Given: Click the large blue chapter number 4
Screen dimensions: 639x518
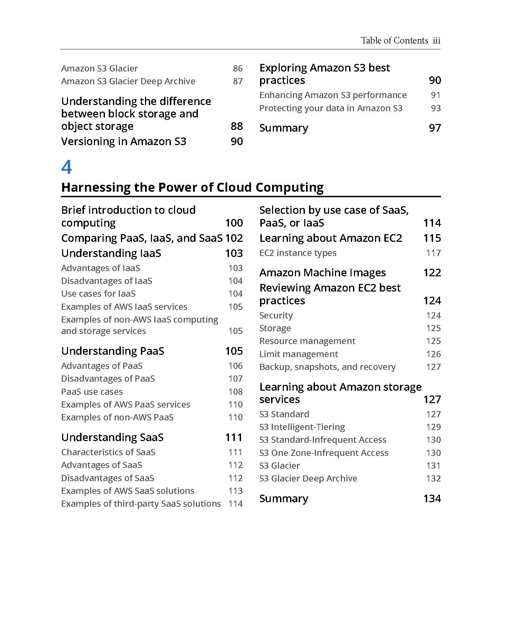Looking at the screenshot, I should (67, 167).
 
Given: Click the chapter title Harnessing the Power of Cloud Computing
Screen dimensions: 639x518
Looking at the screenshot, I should (192, 187).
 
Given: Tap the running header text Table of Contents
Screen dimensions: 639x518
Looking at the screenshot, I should (394, 41).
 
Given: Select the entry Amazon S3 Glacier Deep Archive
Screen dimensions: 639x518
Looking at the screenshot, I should (128, 81).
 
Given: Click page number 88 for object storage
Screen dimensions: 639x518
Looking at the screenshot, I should (237, 126).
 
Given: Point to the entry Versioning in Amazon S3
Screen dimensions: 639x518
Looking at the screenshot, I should (124, 141).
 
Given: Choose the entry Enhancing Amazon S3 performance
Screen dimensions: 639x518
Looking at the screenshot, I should (333, 95).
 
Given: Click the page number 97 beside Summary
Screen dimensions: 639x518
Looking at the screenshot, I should (435, 128).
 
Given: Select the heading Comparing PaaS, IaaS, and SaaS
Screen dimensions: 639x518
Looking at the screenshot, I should (142, 238).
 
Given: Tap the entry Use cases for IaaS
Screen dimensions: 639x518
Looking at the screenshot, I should (98, 294).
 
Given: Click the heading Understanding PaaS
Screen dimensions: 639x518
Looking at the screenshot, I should (113, 351).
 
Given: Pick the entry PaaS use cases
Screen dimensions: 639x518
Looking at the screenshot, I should (92, 392).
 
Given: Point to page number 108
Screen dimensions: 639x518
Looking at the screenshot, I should (235, 392).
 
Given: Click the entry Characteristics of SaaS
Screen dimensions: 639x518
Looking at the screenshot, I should (108, 452).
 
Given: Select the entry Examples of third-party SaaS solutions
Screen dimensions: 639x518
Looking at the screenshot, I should (141, 504).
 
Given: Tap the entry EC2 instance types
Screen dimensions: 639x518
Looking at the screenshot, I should (298, 253).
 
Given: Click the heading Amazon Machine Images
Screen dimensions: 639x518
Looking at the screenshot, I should (323, 273).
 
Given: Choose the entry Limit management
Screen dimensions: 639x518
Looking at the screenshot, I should (299, 354).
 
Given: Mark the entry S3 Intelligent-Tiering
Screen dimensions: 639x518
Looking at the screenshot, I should (302, 427).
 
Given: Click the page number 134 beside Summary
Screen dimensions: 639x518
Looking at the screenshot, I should (432, 498).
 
